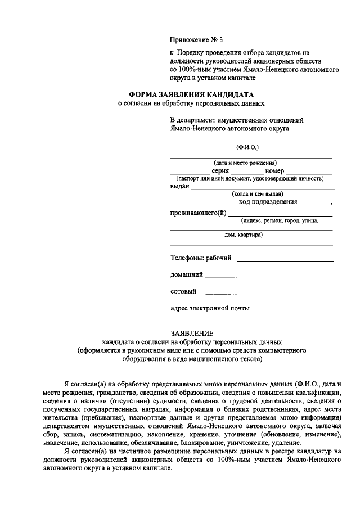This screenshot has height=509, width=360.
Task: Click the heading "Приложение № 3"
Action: [196, 40]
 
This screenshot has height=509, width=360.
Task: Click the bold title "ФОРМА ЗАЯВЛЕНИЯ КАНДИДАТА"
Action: [191, 94]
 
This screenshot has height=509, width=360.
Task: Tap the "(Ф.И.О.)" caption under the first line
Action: [248, 148]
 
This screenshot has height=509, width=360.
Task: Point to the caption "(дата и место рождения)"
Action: [250, 163]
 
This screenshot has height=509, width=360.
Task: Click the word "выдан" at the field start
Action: [180, 186]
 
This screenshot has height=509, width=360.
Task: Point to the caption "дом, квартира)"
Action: [244, 235]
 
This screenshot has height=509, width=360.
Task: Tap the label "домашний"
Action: [186, 275]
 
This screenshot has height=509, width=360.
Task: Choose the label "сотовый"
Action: [183, 291]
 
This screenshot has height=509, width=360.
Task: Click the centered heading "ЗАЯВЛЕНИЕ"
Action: [192, 334]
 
